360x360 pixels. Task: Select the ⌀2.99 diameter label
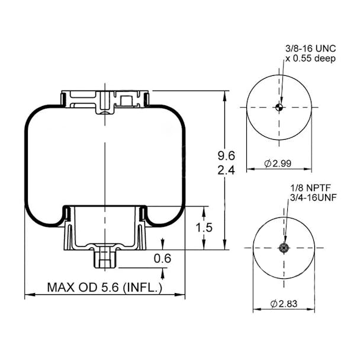tap(278, 163)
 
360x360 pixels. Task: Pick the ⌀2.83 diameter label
tap(285, 304)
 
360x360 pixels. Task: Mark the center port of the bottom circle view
tap(284, 247)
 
